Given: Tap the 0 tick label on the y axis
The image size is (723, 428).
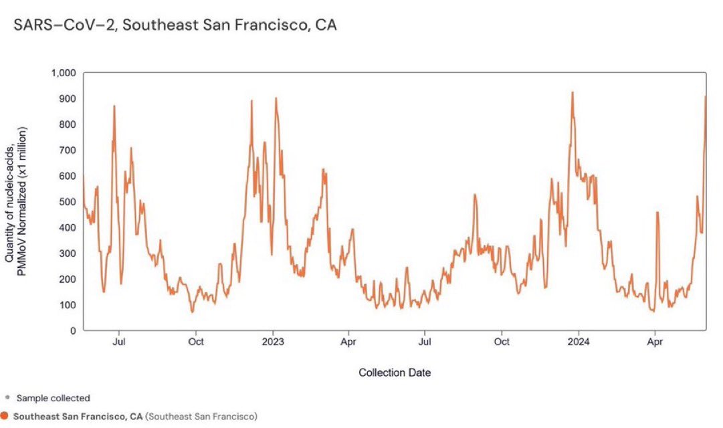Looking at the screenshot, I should [x=74, y=331].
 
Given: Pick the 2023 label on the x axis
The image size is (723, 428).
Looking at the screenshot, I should [x=272, y=342].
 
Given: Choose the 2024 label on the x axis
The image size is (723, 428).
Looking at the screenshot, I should [x=578, y=342].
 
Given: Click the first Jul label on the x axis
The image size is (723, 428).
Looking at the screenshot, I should [x=119, y=342].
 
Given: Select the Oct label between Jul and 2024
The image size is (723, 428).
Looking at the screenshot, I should [x=502, y=342].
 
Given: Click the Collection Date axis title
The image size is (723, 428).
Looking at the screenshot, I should [x=395, y=372].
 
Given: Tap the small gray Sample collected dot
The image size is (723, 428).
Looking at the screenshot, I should [x=7, y=398].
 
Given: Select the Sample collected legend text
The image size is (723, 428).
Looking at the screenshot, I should [x=53, y=398].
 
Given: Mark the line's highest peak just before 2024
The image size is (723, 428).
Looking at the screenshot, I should [x=573, y=92].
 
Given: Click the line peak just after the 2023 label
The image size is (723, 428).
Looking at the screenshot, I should [x=276, y=98].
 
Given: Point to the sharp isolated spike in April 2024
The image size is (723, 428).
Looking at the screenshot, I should [x=657, y=213].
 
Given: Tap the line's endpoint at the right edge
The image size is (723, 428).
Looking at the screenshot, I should [x=706, y=96].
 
